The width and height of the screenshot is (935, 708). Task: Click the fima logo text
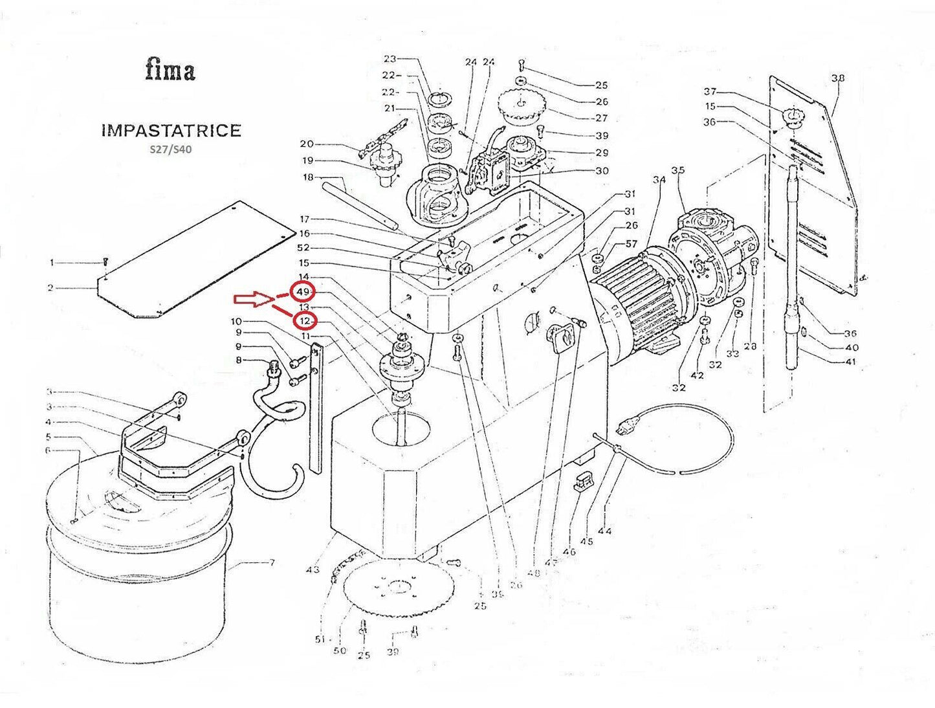coord(170,69)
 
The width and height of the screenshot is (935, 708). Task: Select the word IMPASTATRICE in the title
coord(171,131)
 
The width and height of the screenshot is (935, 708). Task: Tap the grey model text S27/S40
coord(171,149)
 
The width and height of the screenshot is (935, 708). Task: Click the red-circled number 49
coord(303,293)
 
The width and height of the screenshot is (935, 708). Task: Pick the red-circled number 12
coord(304,320)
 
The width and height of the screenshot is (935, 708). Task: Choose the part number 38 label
coord(837,78)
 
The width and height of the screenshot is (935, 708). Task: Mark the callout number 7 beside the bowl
coord(272,563)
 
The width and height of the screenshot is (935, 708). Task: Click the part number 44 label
coord(604,531)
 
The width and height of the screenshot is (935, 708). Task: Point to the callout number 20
coord(307,144)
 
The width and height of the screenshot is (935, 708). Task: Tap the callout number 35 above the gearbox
coord(677,171)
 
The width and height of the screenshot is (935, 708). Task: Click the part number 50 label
coord(340,650)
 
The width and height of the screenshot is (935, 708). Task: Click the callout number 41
coord(851,361)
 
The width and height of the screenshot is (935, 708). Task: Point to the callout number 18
coord(308,177)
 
